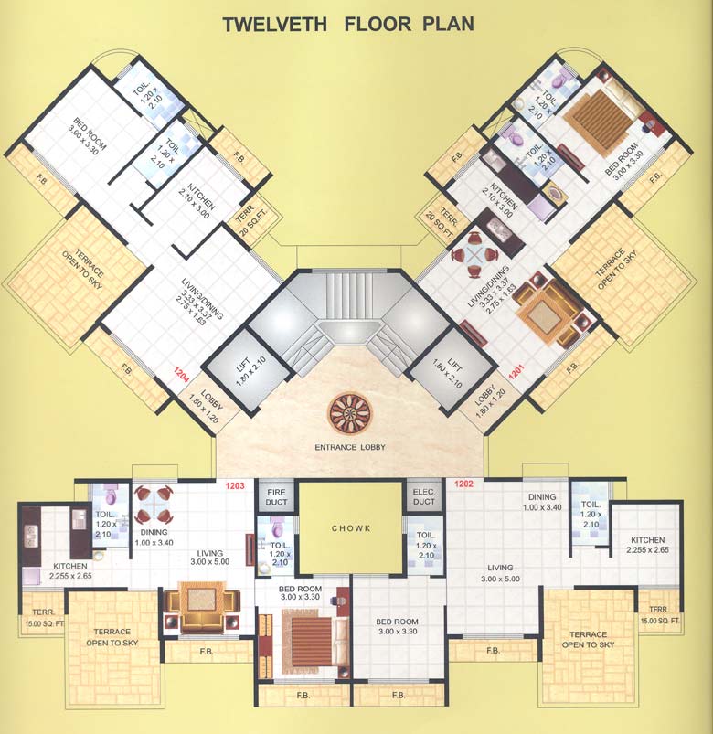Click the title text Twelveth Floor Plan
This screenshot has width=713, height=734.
348,23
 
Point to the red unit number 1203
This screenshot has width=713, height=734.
237,485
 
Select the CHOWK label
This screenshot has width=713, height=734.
351,527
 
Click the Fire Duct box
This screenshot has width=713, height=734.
276,496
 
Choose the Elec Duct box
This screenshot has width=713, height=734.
424,496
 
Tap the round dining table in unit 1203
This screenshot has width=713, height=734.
153,502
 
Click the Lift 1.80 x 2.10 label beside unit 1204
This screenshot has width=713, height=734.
226,370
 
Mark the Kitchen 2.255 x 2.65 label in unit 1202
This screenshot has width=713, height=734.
646,546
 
